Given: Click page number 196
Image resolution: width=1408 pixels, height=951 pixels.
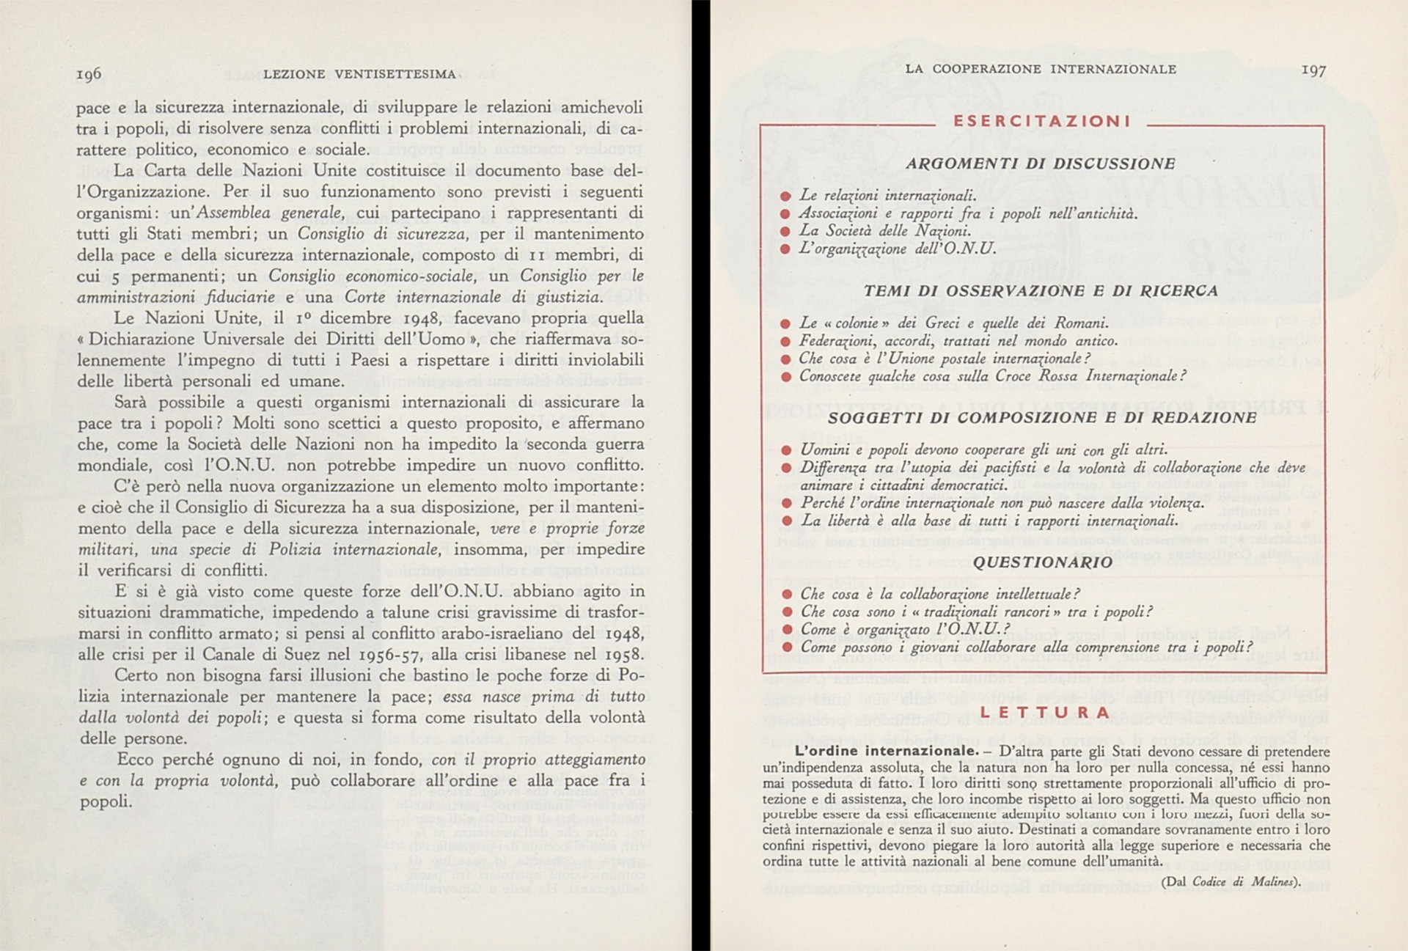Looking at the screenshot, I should pos(89,74).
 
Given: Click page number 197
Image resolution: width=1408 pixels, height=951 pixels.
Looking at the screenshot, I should pos(1313,70).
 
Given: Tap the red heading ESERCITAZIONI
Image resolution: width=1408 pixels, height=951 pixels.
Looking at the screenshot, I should pos(1041,122).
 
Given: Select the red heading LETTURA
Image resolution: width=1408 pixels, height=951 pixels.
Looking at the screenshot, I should pos(1044,712).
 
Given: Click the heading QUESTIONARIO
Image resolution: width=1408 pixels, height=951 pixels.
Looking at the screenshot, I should pos(1042,562).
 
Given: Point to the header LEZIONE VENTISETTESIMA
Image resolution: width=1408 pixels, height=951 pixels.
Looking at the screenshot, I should pos(359,74).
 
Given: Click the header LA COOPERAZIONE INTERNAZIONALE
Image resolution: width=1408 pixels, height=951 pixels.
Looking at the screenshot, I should pos(1041,69).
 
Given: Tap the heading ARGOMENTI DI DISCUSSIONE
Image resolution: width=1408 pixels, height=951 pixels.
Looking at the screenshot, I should pos(1041,164).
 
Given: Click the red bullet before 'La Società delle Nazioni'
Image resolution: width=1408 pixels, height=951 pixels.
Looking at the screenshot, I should pos(785,232).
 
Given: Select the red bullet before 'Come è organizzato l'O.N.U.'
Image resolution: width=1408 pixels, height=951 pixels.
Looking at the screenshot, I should pos(787,630).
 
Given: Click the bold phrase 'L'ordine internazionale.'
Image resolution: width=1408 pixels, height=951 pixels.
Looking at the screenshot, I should pos(886,751).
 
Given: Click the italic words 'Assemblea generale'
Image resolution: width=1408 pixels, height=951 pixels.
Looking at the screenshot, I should pos(268,213).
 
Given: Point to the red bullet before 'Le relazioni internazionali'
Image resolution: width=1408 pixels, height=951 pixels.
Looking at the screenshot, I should pos(785,196).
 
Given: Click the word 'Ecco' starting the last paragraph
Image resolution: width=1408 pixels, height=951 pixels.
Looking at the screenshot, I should pos(138,760).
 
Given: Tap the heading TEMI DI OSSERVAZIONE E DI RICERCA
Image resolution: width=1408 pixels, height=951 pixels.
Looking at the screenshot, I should pos(1041,291).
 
